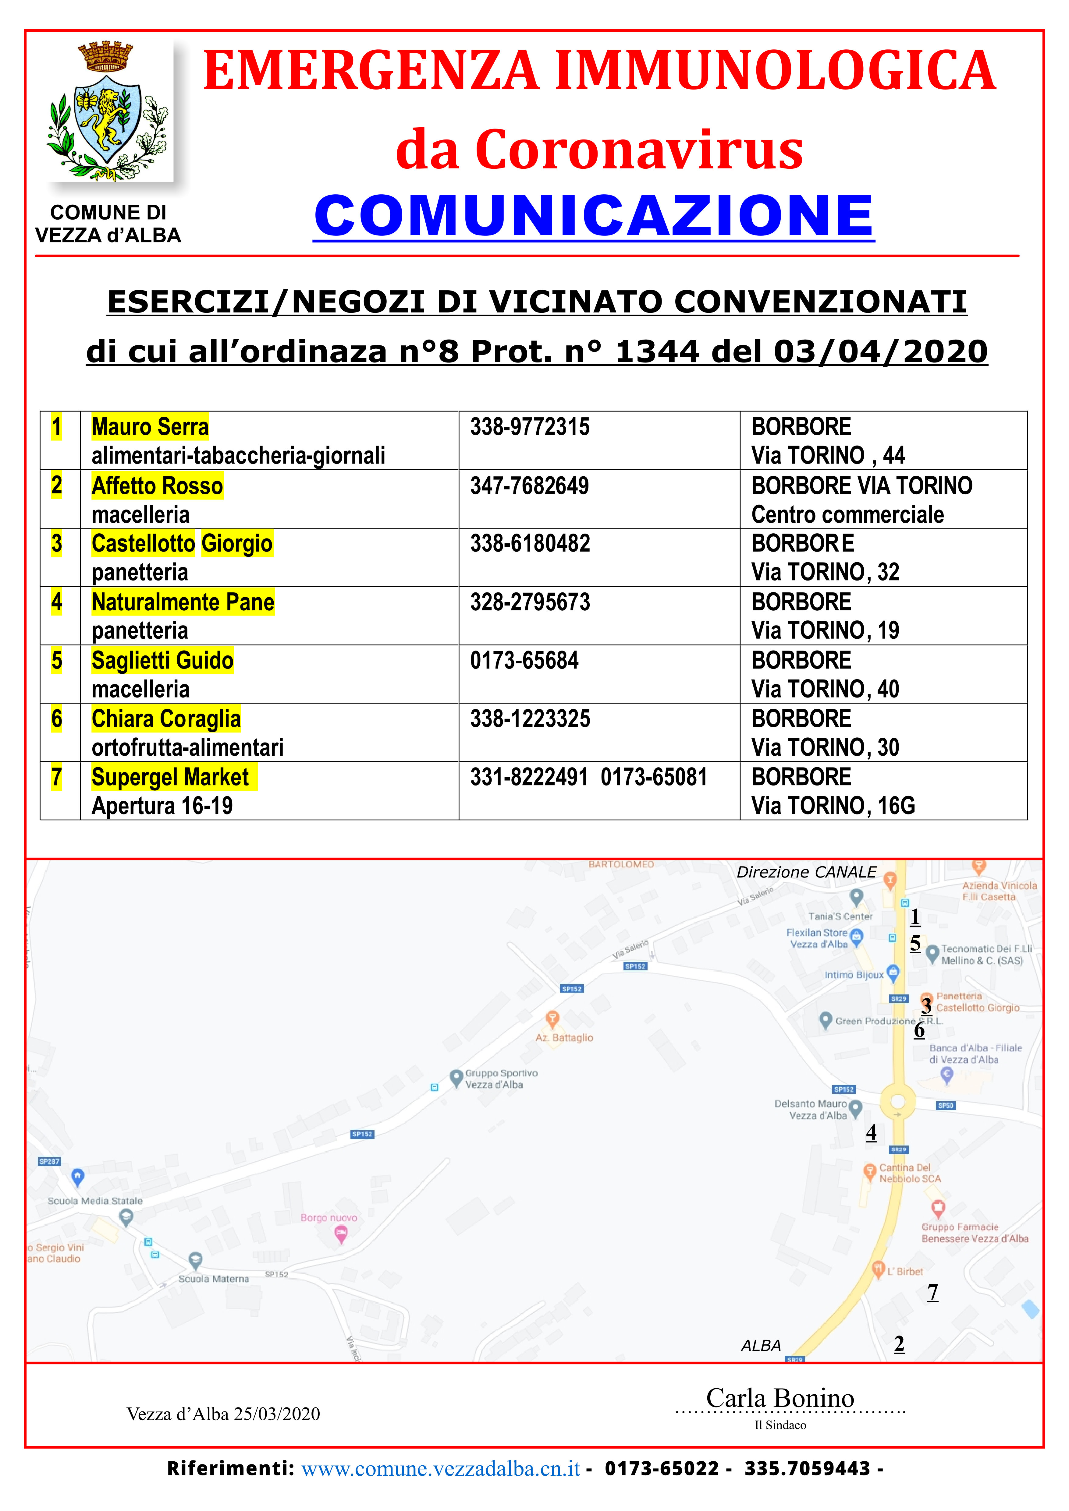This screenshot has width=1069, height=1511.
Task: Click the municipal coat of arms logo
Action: pos(108,112)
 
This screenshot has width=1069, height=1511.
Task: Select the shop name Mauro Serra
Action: pos(150,426)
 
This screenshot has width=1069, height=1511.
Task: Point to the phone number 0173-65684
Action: pos(524,660)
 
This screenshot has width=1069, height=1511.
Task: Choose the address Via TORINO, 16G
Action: pos(833,806)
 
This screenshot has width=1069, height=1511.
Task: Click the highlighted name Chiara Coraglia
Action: pos(166,719)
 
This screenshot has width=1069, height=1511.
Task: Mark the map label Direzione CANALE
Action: pos(806,872)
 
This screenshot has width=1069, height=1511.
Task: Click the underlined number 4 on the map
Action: pos(871,1132)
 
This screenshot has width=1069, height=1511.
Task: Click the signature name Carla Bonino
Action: pos(780,1398)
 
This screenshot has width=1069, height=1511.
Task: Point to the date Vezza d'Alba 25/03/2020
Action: pos(223,1414)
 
